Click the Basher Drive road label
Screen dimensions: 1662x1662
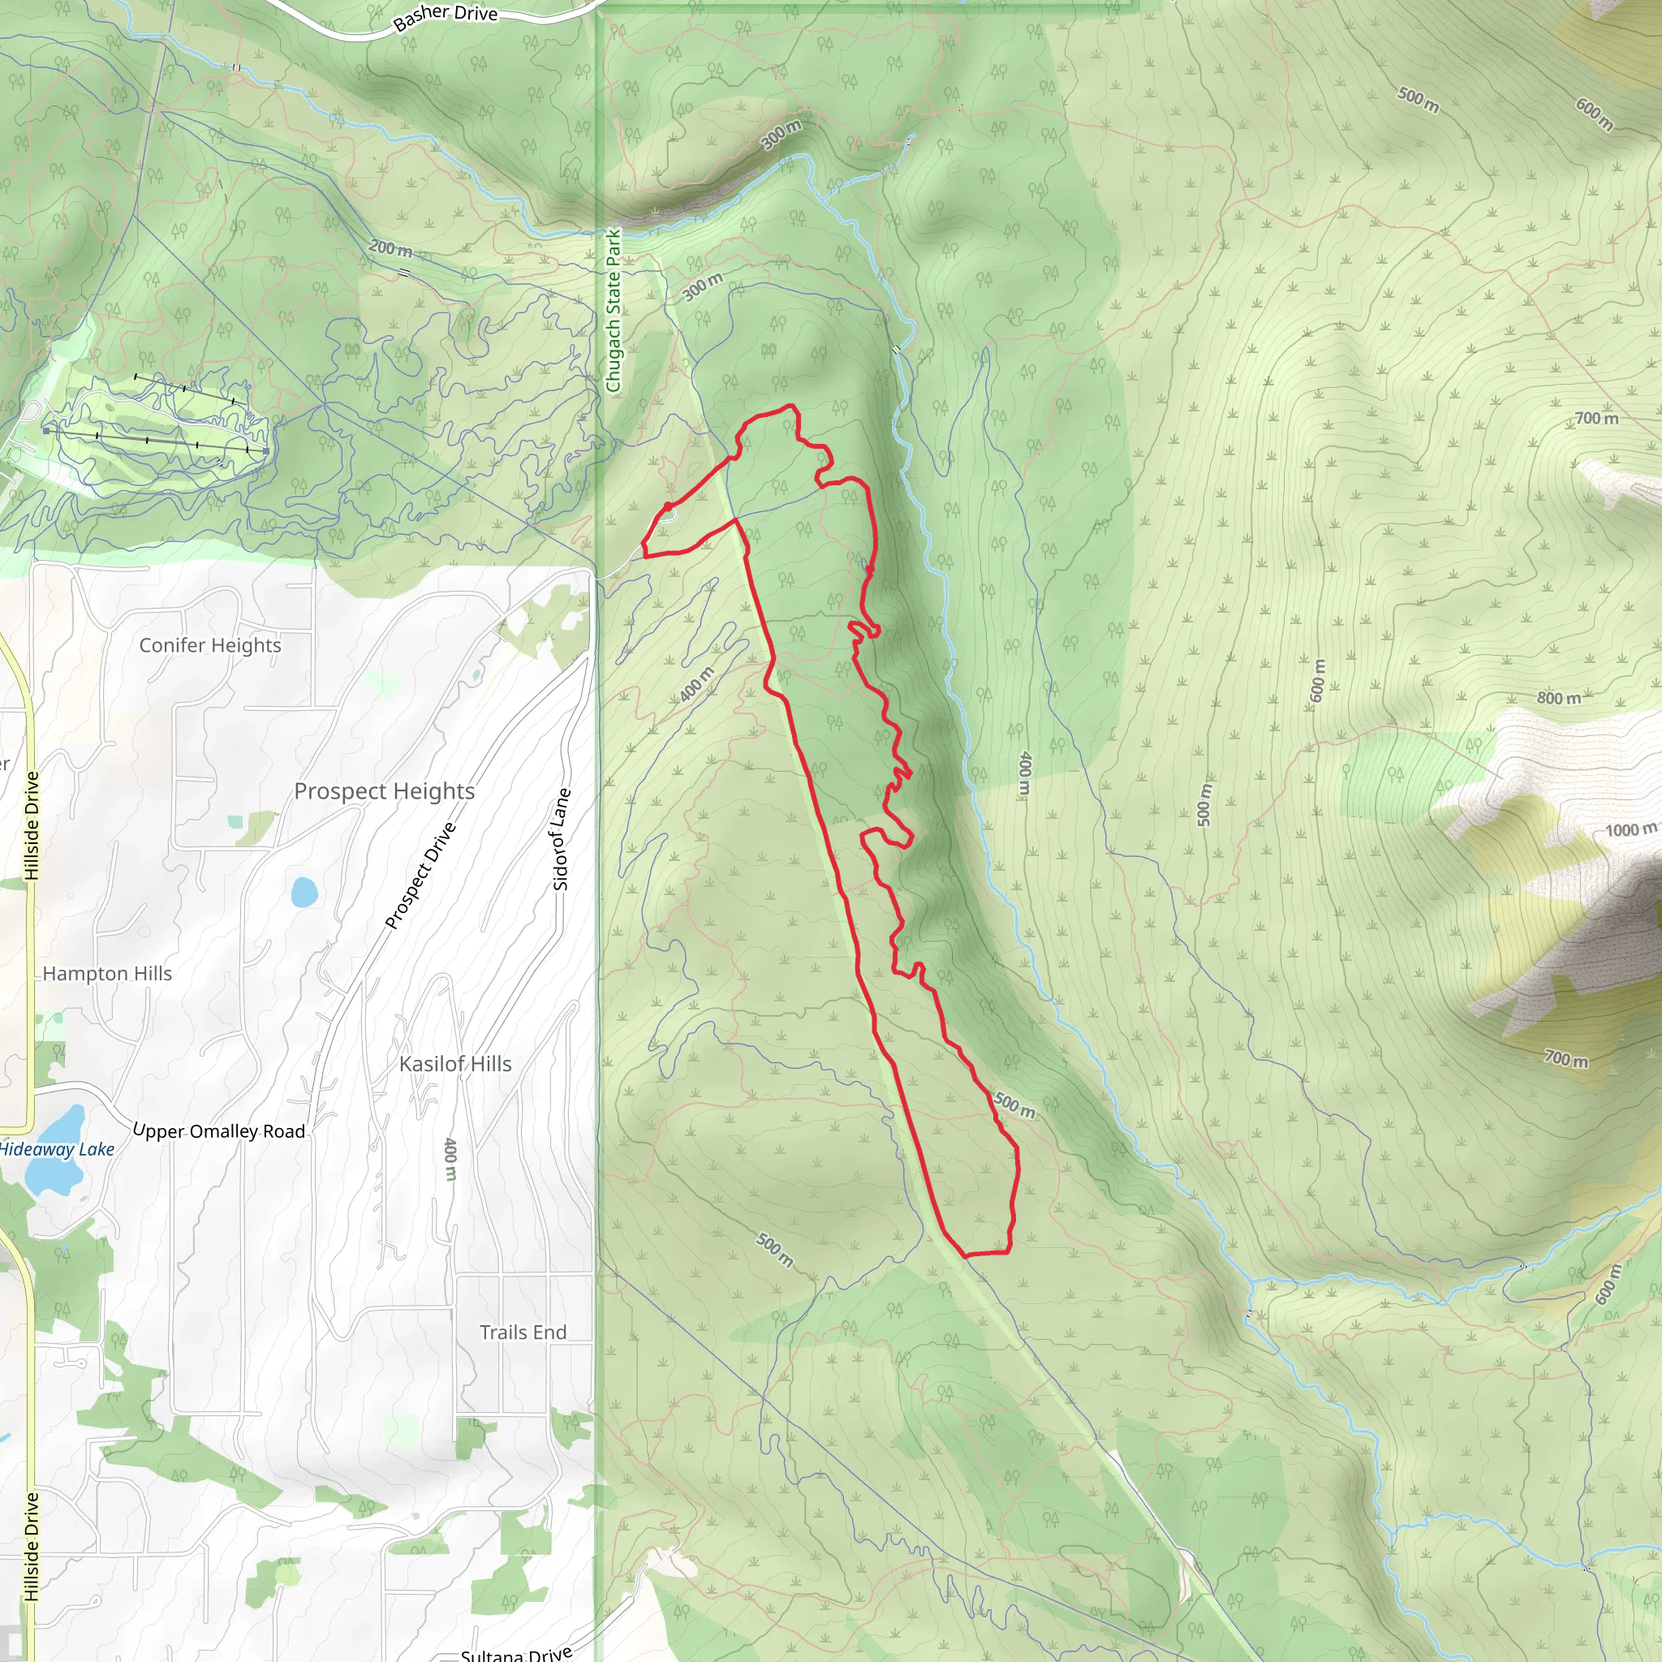pos(445,15)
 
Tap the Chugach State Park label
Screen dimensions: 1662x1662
pos(613,311)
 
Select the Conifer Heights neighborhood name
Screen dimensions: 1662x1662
pos(210,645)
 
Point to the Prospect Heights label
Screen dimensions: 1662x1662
pos(384,790)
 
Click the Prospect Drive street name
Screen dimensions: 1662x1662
pos(420,875)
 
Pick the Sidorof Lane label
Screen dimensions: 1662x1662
pos(560,839)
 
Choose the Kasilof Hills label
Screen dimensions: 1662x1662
pos(455,1064)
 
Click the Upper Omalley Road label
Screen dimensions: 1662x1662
pos(219,1131)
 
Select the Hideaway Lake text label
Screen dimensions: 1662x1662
pos(57,1149)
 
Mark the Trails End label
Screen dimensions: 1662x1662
pos(523,1333)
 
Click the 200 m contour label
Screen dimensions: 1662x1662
pos(390,248)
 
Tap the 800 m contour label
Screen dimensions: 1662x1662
pos(1559,698)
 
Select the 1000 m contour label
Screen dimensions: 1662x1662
pos(1630,830)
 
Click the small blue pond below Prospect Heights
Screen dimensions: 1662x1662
pos(304,892)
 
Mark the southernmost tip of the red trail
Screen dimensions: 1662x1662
pos(966,1256)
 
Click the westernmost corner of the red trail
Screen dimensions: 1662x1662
pos(643,545)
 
